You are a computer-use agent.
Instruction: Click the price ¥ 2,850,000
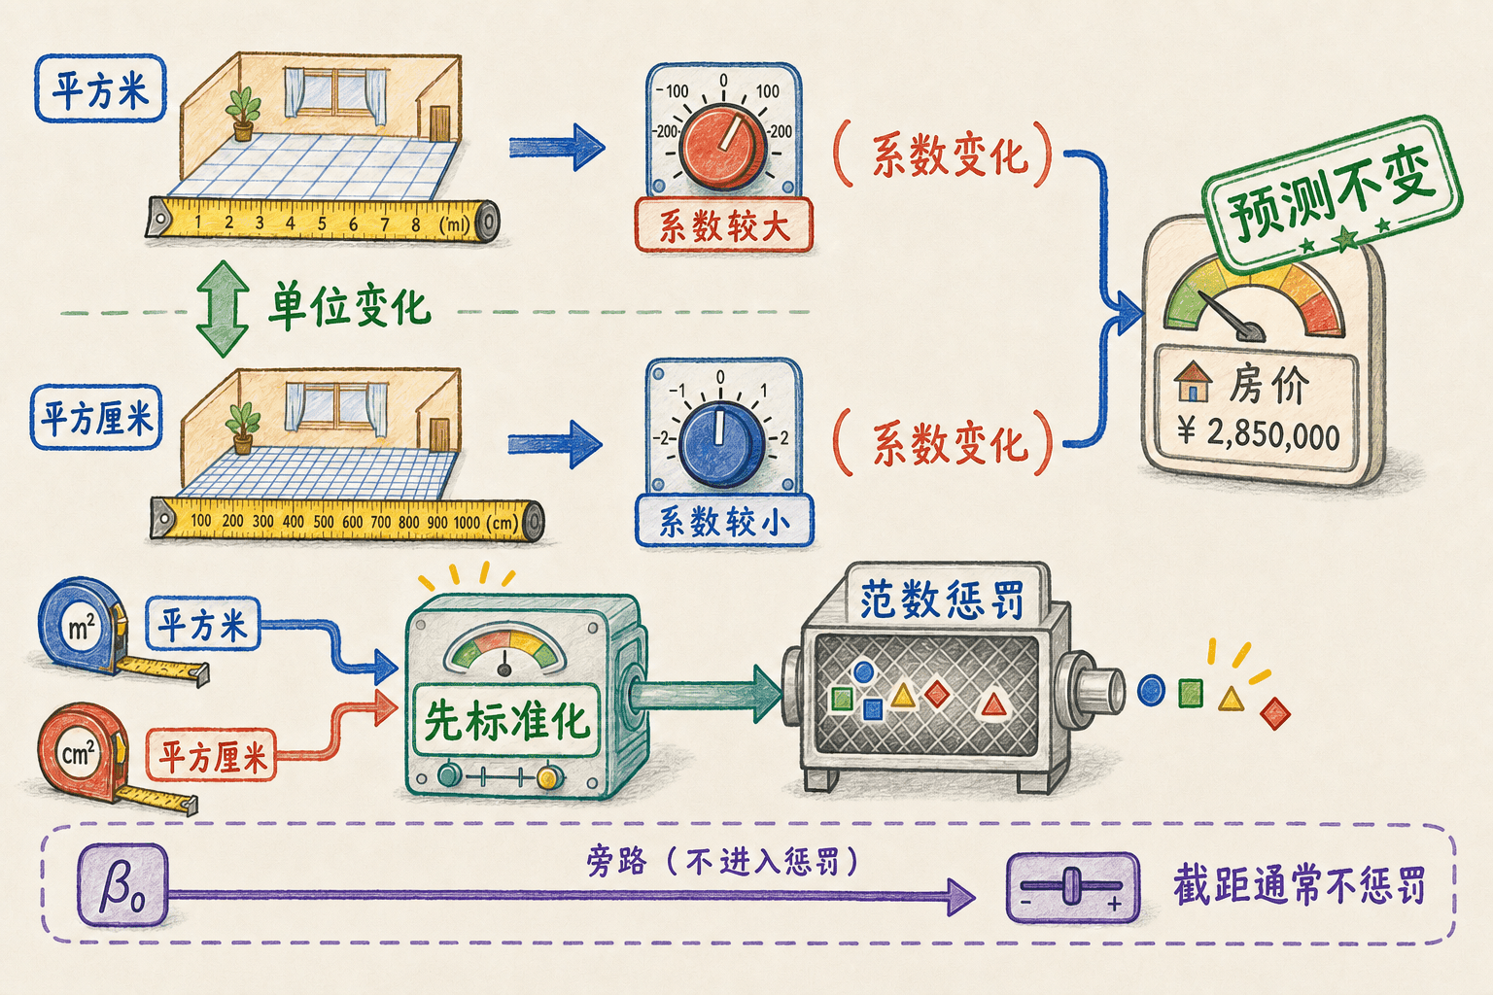coord(1258,433)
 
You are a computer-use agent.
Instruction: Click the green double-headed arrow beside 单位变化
coord(223,309)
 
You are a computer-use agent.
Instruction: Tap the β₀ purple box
coord(122,886)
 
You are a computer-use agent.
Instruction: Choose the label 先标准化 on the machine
coord(505,720)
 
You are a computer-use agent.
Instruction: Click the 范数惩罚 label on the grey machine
coord(941,600)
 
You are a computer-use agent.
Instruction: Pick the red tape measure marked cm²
coord(80,753)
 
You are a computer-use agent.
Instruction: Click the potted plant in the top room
coord(243,114)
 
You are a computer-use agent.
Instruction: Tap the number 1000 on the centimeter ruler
coord(467,523)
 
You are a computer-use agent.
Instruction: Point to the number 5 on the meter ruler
coord(322,223)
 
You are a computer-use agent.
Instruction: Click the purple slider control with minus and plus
coord(1072,888)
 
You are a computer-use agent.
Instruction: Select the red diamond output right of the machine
coord(1275,714)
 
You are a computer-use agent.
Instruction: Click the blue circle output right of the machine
coord(1151,690)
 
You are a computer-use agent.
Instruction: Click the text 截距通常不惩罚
coord(1299,885)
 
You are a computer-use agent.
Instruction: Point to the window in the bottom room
coord(336,406)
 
